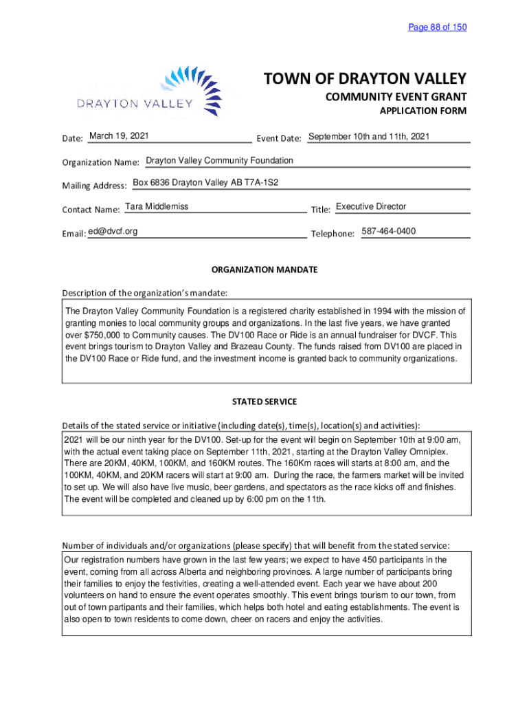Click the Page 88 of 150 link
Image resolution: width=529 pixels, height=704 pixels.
click(437, 27)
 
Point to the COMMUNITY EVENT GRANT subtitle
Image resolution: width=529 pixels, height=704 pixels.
click(396, 98)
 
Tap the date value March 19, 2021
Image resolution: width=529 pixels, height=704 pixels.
click(119, 136)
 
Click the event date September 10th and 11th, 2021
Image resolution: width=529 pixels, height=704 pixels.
click(369, 136)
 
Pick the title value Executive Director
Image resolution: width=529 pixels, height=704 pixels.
click(371, 207)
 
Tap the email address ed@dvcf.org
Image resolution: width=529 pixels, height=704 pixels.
click(113, 231)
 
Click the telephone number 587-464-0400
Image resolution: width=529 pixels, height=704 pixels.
click(388, 231)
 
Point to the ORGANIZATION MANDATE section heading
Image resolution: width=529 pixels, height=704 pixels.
click(264, 269)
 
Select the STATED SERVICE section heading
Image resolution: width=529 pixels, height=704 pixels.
click(264, 401)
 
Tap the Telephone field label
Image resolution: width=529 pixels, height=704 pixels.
click(333, 234)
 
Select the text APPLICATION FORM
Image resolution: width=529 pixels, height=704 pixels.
click(423, 111)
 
